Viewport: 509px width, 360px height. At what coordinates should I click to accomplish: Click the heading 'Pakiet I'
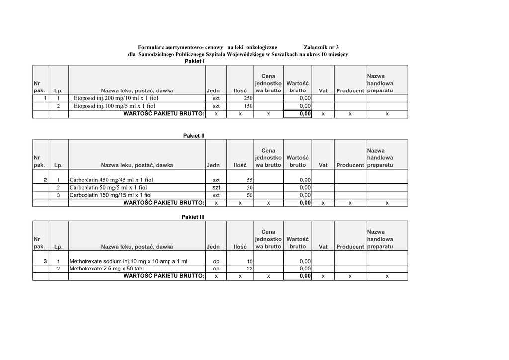(x=195, y=61)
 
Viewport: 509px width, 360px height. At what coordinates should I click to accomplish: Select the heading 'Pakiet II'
(x=194, y=136)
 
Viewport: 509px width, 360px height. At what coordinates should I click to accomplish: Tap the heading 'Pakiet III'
(x=193, y=217)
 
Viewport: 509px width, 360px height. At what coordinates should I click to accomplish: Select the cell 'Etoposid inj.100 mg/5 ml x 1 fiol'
(x=114, y=106)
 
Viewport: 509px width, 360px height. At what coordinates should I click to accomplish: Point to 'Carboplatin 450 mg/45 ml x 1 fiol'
(x=111, y=180)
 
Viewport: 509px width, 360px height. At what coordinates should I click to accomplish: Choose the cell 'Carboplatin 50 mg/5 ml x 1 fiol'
(x=108, y=188)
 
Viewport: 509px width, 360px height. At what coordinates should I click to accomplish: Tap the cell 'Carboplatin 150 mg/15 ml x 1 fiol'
(x=110, y=195)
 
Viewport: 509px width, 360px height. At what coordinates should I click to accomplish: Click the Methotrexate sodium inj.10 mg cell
(x=128, y=262)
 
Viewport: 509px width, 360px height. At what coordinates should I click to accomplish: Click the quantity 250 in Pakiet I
(x=248, y=99)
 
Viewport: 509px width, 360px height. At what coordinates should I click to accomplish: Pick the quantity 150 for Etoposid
(x=248, y=106)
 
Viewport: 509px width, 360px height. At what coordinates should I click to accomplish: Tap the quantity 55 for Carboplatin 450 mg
(x=250, y=180)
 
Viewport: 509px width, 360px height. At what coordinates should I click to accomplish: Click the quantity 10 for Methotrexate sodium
(x=250, y=262)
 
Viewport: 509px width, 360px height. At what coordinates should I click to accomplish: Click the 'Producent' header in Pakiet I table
(x=350, y=91)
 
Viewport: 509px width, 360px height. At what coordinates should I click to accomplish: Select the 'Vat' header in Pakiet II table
(x=323, y=165)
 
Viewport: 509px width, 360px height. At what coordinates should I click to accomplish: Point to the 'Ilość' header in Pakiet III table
(x=240, y=247)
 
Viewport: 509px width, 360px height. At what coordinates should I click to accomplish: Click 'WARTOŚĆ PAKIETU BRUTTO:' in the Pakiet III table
(x=164, y=276)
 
